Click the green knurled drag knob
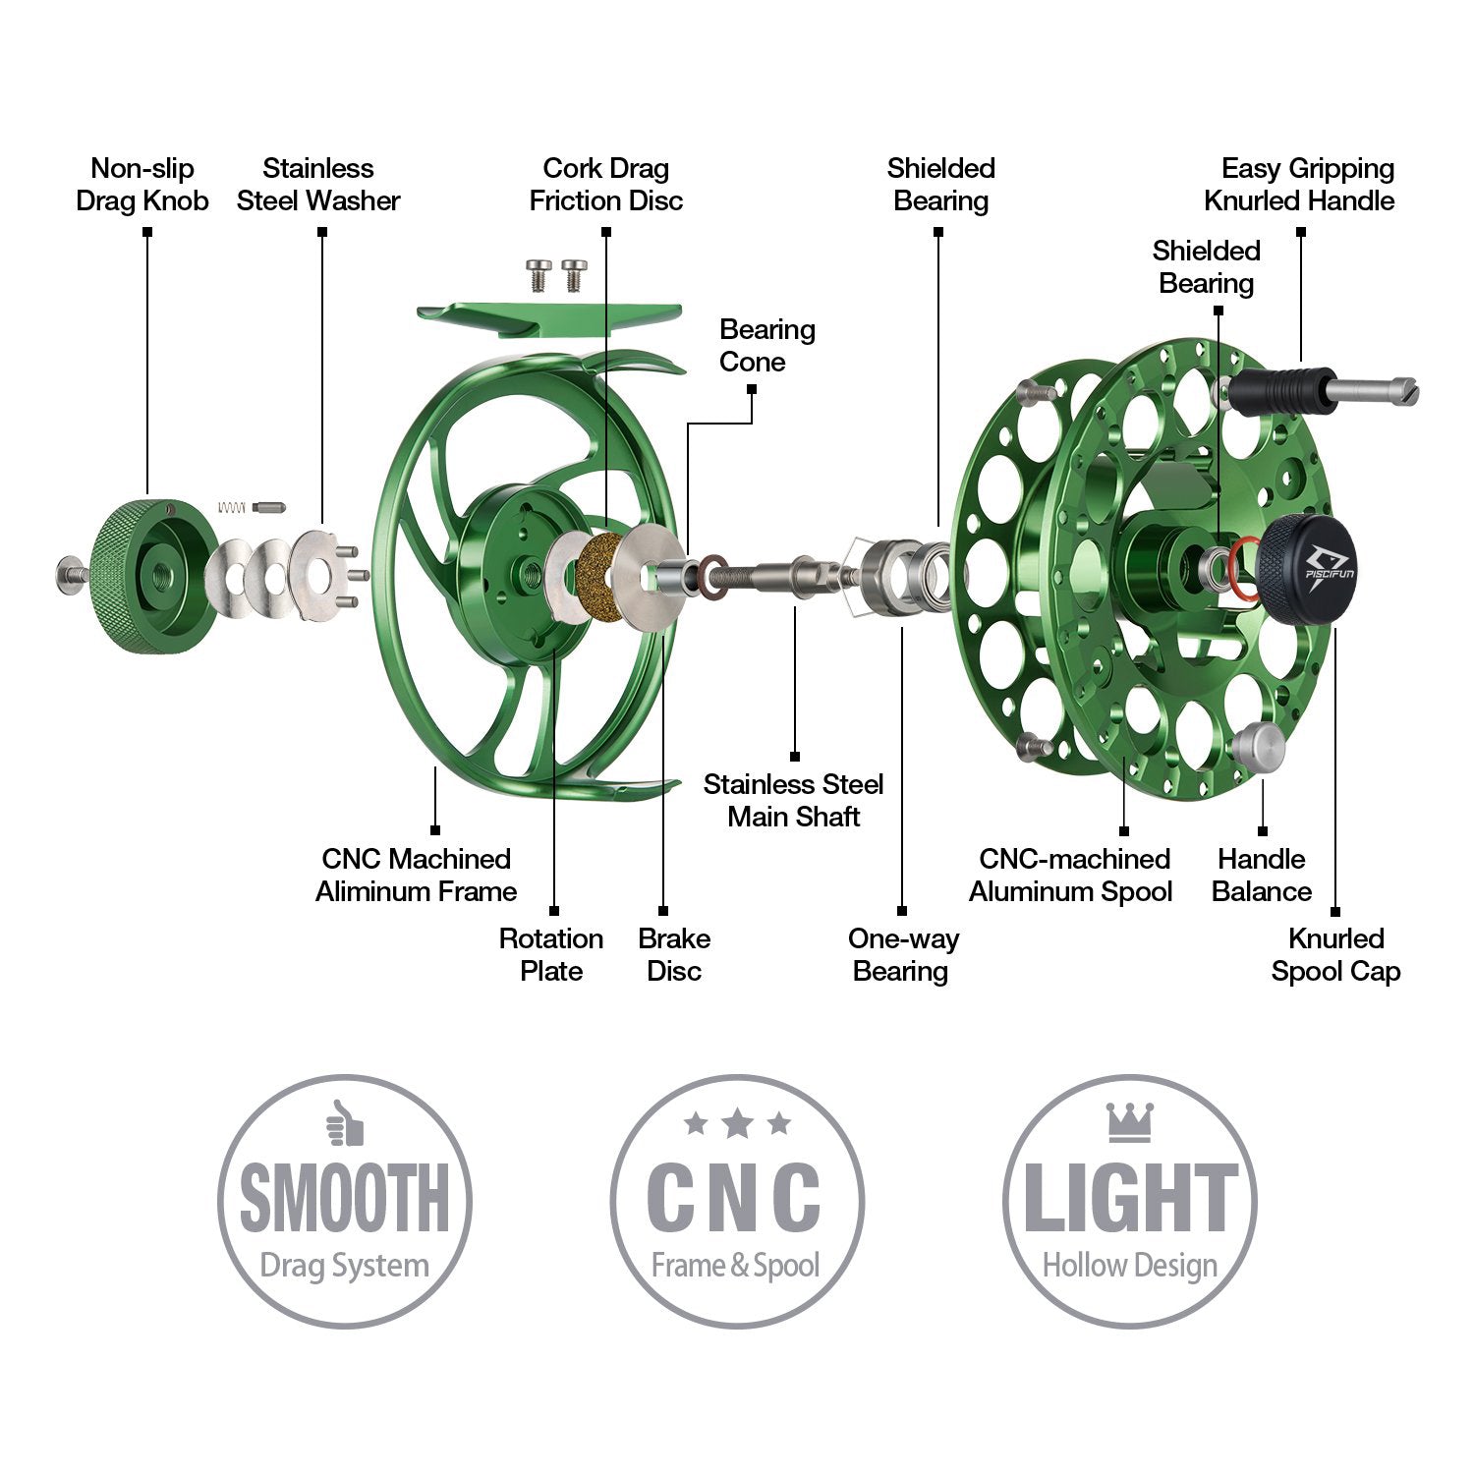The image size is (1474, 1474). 147,575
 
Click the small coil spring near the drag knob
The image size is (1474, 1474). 232,507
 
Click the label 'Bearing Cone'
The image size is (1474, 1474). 766,345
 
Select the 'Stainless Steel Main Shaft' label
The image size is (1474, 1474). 793,800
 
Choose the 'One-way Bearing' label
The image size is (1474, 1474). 902,954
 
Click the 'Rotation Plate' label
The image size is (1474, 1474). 551,954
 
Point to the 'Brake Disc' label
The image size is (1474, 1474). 674,954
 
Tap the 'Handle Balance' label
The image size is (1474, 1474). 1262,875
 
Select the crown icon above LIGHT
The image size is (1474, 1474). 1129,1121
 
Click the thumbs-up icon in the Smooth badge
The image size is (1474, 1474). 345,1123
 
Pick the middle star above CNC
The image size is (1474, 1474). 737,1123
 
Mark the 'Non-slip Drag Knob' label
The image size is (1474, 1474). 142,185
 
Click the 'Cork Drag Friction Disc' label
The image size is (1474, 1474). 606,185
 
